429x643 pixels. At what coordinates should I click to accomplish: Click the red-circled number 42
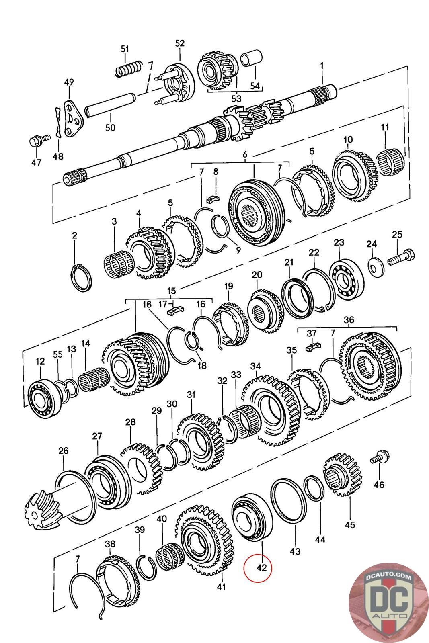[x=261, y=567]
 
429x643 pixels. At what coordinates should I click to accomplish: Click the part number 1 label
[x=322, y=66]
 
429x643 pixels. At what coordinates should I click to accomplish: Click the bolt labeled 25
[x=402, y=257]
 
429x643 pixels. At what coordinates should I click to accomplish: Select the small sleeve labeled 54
[x=251, y=57]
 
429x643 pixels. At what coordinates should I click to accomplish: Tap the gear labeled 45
[x=343, y=479]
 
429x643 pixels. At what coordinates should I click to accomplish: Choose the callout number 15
[x=172, y=291]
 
